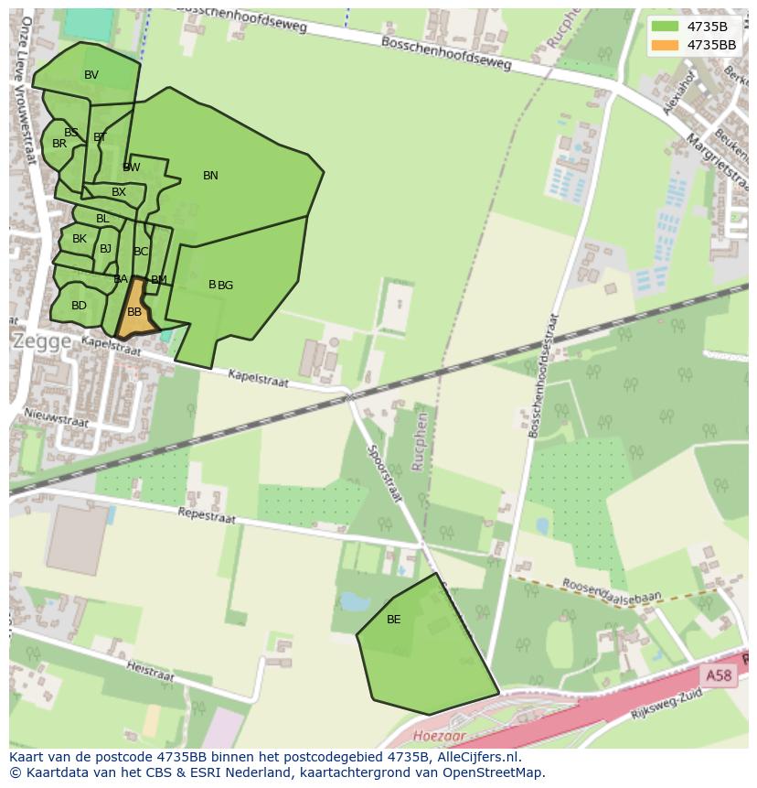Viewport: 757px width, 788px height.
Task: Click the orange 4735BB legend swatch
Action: (x=665, y=45)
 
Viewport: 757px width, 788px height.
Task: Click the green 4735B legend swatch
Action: (x=665, y=26)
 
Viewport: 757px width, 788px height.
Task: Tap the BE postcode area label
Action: (x=393, y=620)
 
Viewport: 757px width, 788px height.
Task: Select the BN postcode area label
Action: (x=210, y=176)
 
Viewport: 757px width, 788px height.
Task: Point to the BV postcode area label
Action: (x=91, y=75)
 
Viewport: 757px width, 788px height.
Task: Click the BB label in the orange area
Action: (x=134, y=312)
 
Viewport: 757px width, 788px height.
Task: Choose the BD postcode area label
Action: (x=79, y=306)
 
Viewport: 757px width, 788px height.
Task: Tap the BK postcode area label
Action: (x=80, y=239)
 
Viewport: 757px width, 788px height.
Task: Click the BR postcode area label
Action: (x=59, y=144)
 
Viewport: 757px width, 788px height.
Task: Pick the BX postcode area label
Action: (x=119, y=192)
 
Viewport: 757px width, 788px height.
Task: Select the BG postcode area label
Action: (x=226, y=286)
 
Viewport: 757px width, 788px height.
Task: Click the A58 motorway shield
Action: (x=718, y=675)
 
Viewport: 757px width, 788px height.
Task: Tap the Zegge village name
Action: (x=42, y=340)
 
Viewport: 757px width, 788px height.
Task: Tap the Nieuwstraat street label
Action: (x=58, y=417)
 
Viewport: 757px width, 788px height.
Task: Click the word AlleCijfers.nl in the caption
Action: (x=475, y=757)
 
